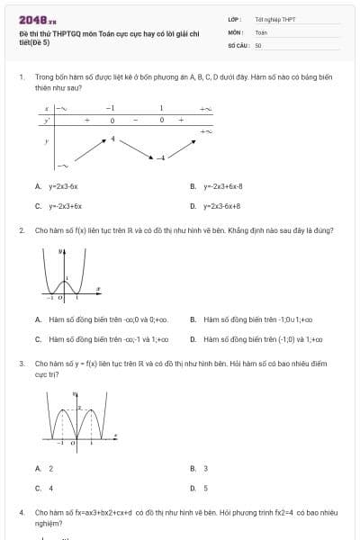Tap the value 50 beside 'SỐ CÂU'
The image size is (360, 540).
click(258, 44)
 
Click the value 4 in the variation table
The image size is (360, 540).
click(113, 139)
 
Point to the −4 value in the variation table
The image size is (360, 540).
click(161, 158)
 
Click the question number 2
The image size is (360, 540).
click(21, 230)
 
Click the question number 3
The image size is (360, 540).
click(21, 364)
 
